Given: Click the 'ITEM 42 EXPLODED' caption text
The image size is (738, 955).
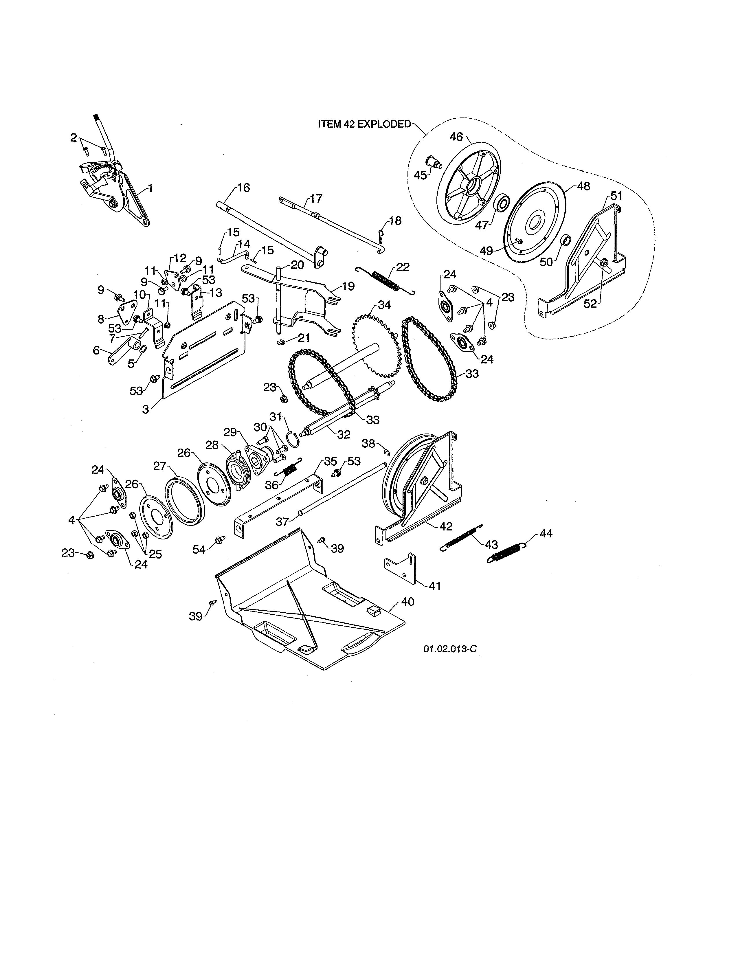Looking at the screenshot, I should pyautogui.click(x=364, y=124).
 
